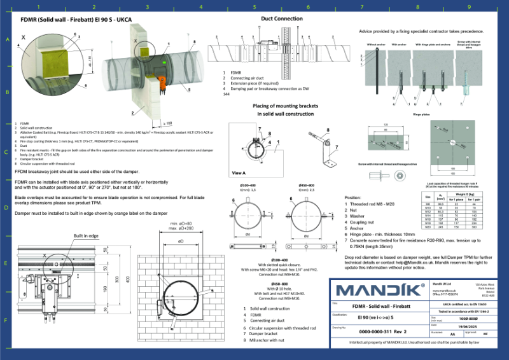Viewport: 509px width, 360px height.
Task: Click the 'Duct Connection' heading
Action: [x=282, y=18]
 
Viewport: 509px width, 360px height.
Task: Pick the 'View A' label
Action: [x=239, y=172]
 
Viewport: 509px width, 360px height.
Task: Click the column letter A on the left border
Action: [x=8, y=39]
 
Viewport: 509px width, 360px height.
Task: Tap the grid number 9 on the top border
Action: [x=469, y=8]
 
